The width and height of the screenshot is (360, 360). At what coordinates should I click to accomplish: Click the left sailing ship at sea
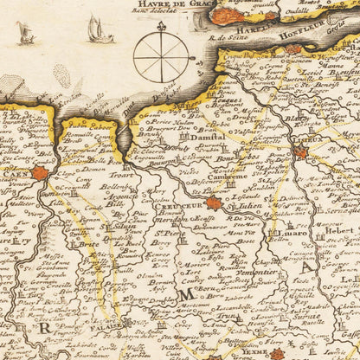[26, 35]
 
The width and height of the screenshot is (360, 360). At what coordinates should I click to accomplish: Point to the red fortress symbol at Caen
[40, 173]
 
